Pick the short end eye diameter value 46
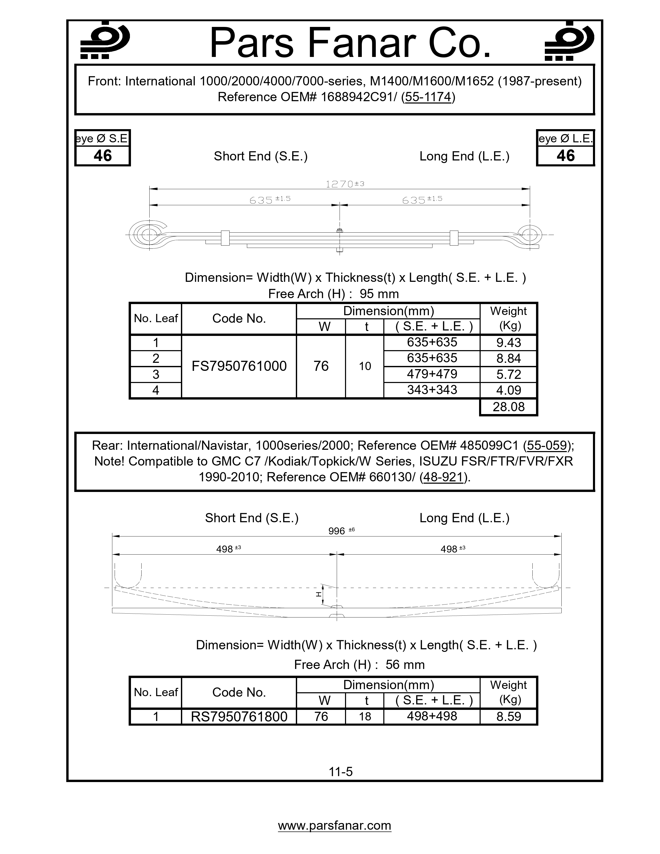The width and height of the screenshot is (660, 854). pos(102,156)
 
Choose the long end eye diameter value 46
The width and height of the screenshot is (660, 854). pos(565,156)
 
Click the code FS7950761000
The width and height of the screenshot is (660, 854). pos(239,366)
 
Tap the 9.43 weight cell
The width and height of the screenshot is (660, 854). pos(508,343)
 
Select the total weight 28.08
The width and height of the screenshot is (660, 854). pos(508,407)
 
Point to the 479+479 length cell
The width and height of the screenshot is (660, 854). pos(432,374)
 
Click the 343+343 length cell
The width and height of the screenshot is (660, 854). pos(432,389)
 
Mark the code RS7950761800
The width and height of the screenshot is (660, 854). pos(239,716)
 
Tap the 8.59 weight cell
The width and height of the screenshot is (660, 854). pos(508,716)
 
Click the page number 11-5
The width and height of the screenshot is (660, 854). pos(341,771)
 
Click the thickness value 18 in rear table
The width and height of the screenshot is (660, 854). pos(365,716)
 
